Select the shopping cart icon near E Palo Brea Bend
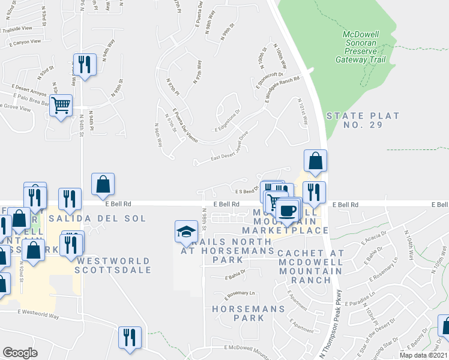(61, 106)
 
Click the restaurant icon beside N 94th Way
(84, 64)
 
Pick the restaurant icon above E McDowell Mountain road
(130, 337)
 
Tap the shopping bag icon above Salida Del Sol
(103, 184)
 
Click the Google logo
(20, 352)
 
